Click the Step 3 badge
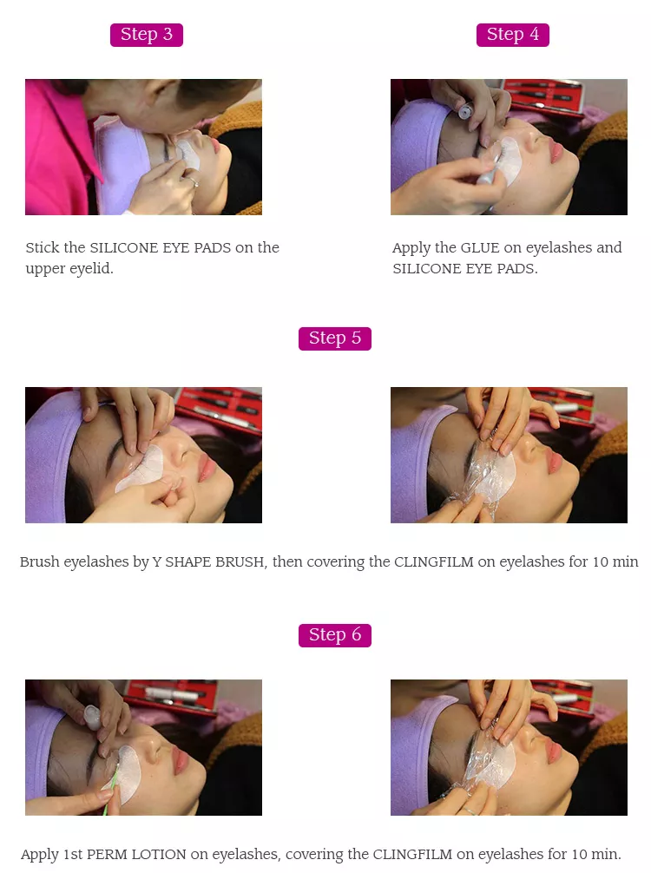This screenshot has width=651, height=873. coord(146,35)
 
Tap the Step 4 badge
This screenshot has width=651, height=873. coord(512,35)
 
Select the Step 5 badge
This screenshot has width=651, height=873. coord(334,338)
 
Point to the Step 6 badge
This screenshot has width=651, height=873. coord(334,635)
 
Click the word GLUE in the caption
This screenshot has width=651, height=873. coord(480,248)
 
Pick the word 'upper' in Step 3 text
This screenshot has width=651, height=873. coord(46,269)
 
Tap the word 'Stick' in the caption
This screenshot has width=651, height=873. coord(43,248)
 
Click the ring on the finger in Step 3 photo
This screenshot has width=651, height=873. coord(194,182)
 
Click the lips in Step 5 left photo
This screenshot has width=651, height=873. coord(207,469)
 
